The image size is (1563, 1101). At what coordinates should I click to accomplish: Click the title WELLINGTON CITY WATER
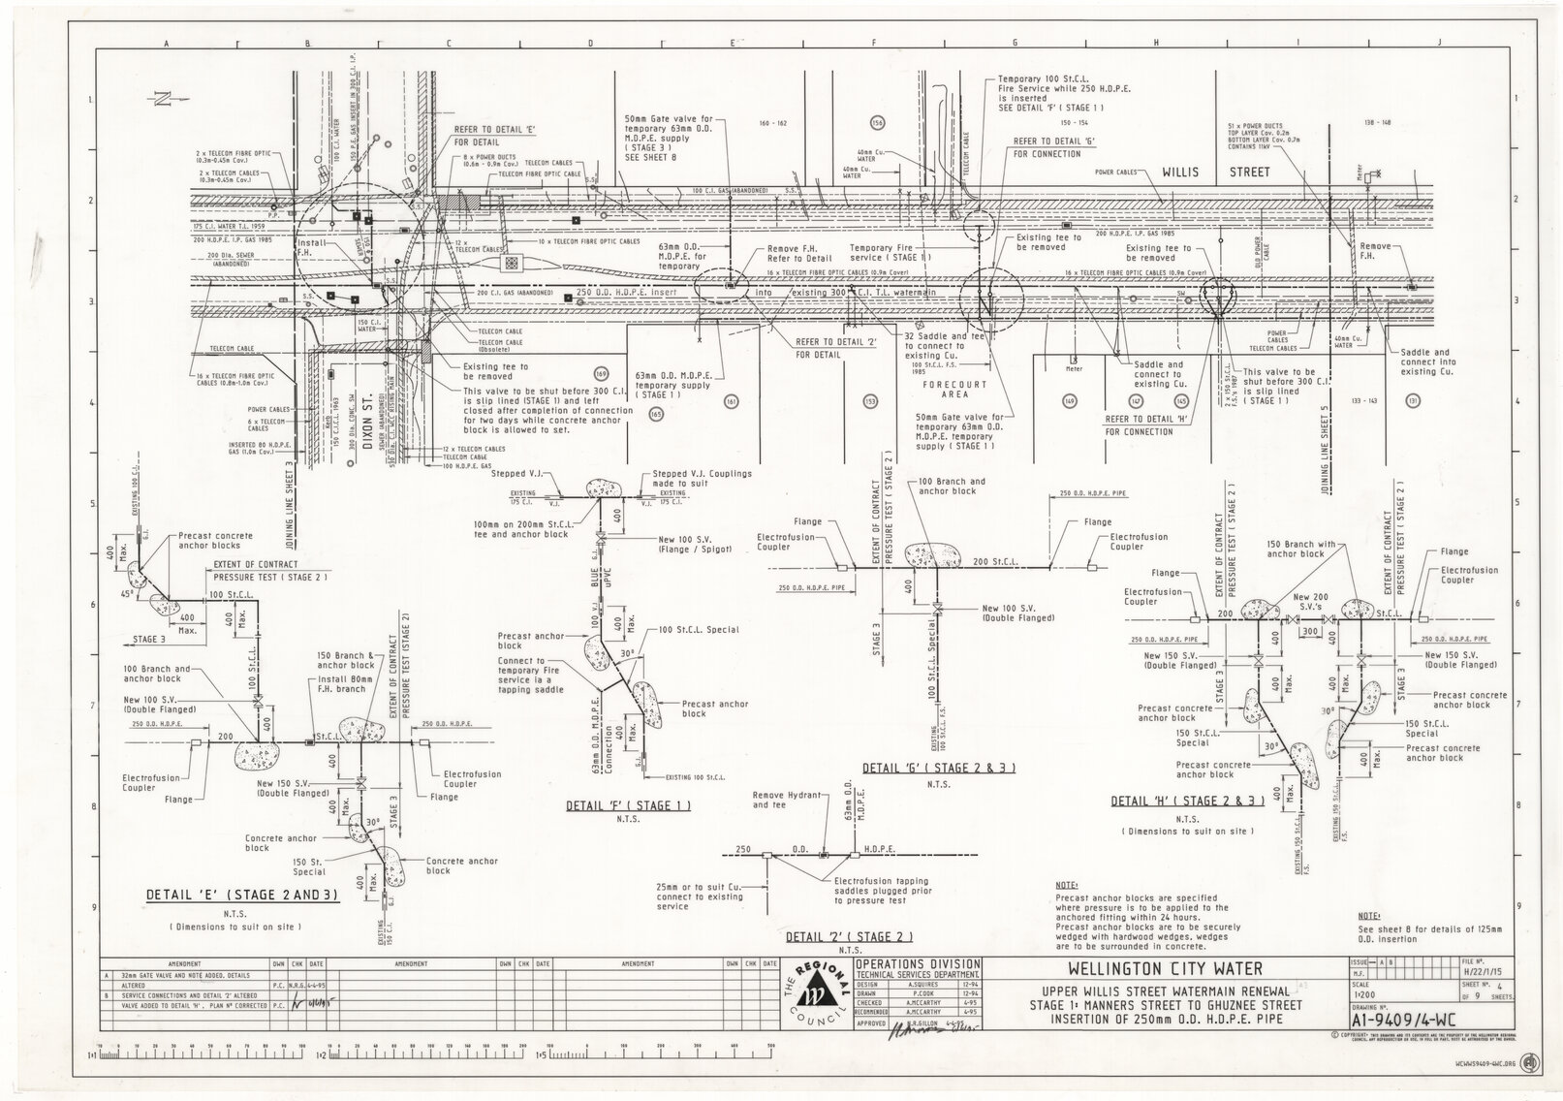click(1151, 968)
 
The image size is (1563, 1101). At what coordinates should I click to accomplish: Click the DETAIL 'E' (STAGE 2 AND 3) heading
click(241, 896)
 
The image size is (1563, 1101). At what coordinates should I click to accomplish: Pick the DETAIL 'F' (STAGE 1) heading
click(629, 805)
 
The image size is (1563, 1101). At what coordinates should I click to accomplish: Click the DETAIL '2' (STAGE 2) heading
click(850, 937)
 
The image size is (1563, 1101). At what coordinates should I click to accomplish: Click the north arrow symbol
click(161, 97)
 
